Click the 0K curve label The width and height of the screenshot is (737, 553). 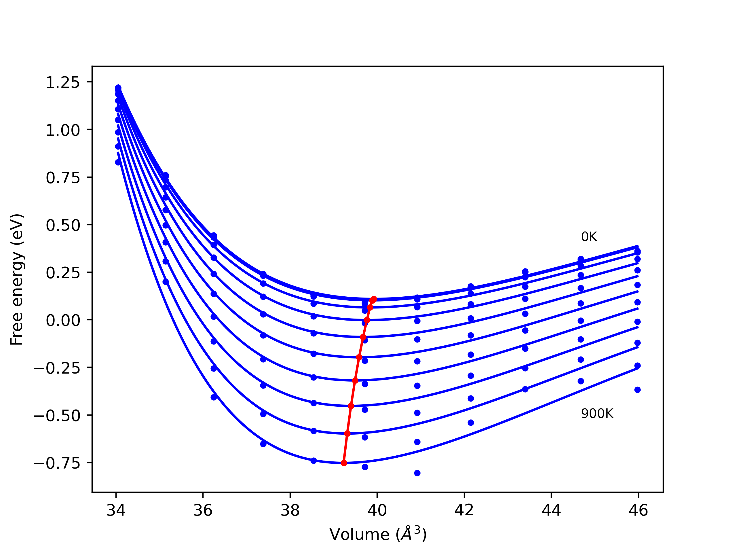pyautogui.click(x=589, y=237)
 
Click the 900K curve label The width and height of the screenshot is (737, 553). pyautogui.click(x=597, y=414)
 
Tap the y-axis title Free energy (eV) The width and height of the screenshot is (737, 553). pyautogui.click(x=17, y=279)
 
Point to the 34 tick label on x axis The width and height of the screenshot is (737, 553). pyautogui.click(x=116, y=511)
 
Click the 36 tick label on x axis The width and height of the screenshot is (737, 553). pyautogui.click(x=203, y=511)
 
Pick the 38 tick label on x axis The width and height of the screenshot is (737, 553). pyautogui.click(x=290, y=511)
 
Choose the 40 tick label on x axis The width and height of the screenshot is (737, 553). pyautogui.click(x=377, y=511)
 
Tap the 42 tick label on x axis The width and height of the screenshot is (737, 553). pyautogui.click(x=464, y=511)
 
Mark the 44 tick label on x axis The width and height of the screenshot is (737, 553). pyautogui.click(x=551, y=511)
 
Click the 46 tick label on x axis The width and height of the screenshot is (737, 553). pyautogui.click(x=638, y=511)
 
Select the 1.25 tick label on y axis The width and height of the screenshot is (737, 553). pyautogui.click(x=63, y=82)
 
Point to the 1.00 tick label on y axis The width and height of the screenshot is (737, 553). pyautogui.click(x=63, y=130)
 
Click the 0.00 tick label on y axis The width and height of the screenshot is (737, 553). pyautogui.click(x=63, y=320)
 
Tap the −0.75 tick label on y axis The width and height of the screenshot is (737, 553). pyautogui.click(x=57, y=463)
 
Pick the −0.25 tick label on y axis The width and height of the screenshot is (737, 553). pyautogui.click(x=57, y=368)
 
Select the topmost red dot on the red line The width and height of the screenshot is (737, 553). pyautogui.click(x=374, y=299)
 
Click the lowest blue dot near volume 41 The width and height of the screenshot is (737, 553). pyautogui.click(x=417, y=473)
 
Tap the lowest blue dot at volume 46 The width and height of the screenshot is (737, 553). pyautogui.click(x=637, y=390)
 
